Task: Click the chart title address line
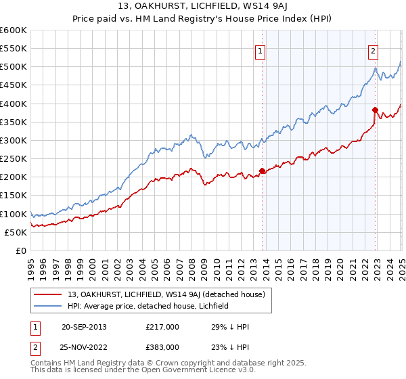point(202,7)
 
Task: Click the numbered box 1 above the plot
point(261,49)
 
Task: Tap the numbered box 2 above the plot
point(374,49)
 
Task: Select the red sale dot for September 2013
point(262,171)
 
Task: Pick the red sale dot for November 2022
point(375,110)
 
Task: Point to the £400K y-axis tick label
point(14,104)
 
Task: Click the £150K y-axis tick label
point(14,196)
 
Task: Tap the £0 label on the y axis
point(20,250)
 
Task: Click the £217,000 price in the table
point(165,327)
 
